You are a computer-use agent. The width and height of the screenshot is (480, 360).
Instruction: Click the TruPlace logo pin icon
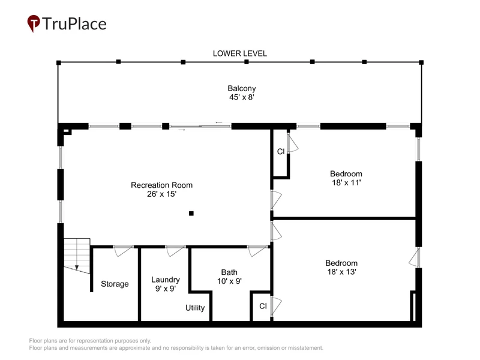point(34,23)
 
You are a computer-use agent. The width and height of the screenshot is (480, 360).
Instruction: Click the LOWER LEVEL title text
point(239,53)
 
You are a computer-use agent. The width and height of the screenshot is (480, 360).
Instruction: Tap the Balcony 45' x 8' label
point(242,93)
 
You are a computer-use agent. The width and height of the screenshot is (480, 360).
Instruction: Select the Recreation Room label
point(161,190)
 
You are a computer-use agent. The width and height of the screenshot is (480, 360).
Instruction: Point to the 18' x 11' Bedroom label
point(346,178)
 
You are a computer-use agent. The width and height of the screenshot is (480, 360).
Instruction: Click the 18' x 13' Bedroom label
point(341,267)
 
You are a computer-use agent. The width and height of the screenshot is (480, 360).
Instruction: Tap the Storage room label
point(115,284)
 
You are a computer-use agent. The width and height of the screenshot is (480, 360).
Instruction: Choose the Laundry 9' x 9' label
point(166,284)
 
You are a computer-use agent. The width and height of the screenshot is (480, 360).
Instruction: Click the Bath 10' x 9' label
point(229,277)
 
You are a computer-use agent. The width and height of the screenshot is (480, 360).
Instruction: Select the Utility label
point(195,308)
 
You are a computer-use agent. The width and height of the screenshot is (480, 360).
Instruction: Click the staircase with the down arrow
point(77,256)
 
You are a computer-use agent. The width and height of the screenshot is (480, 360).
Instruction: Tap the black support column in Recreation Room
point(191,214)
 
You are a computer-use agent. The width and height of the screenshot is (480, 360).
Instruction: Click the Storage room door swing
point(124,251)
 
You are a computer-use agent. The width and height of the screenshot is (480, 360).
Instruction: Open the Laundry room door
point(175,251)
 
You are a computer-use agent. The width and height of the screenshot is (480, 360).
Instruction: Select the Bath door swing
point(258,251)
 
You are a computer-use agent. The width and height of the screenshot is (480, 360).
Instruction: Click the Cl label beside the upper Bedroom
point(281,152)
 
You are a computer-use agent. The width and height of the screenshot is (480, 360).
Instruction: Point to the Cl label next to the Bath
point(263,306)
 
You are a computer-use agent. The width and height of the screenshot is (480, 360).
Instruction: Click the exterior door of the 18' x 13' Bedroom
point(415,257)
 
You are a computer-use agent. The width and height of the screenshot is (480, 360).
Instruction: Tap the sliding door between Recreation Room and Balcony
point(200,126)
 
